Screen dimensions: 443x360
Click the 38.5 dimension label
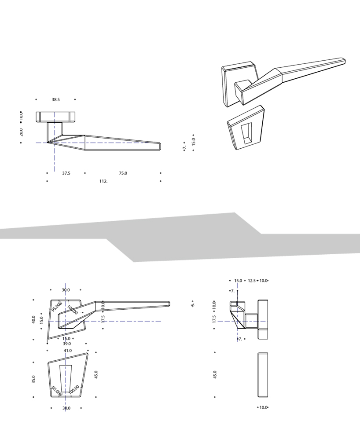click(55, 100)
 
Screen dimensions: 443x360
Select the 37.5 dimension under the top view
click(66, 173)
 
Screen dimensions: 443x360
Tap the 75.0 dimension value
click(123, 173)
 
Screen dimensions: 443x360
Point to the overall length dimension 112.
click(103, 181)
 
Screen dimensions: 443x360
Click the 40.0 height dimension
click(33, 319)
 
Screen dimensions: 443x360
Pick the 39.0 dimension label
click(66, 344)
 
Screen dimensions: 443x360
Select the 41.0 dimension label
click(67, 351)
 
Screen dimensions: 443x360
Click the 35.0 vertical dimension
click(33, 379)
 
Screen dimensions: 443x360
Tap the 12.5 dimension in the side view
click(251, 280)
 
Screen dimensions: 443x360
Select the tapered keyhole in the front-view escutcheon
click(66, 377)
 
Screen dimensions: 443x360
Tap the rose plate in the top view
click(55, 117)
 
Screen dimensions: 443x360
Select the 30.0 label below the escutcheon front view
click(66, 408)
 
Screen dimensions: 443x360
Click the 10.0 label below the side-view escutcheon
click(263, 407)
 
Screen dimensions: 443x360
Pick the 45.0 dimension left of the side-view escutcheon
click(215, 375)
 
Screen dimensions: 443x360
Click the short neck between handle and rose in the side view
click(251, 321)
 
